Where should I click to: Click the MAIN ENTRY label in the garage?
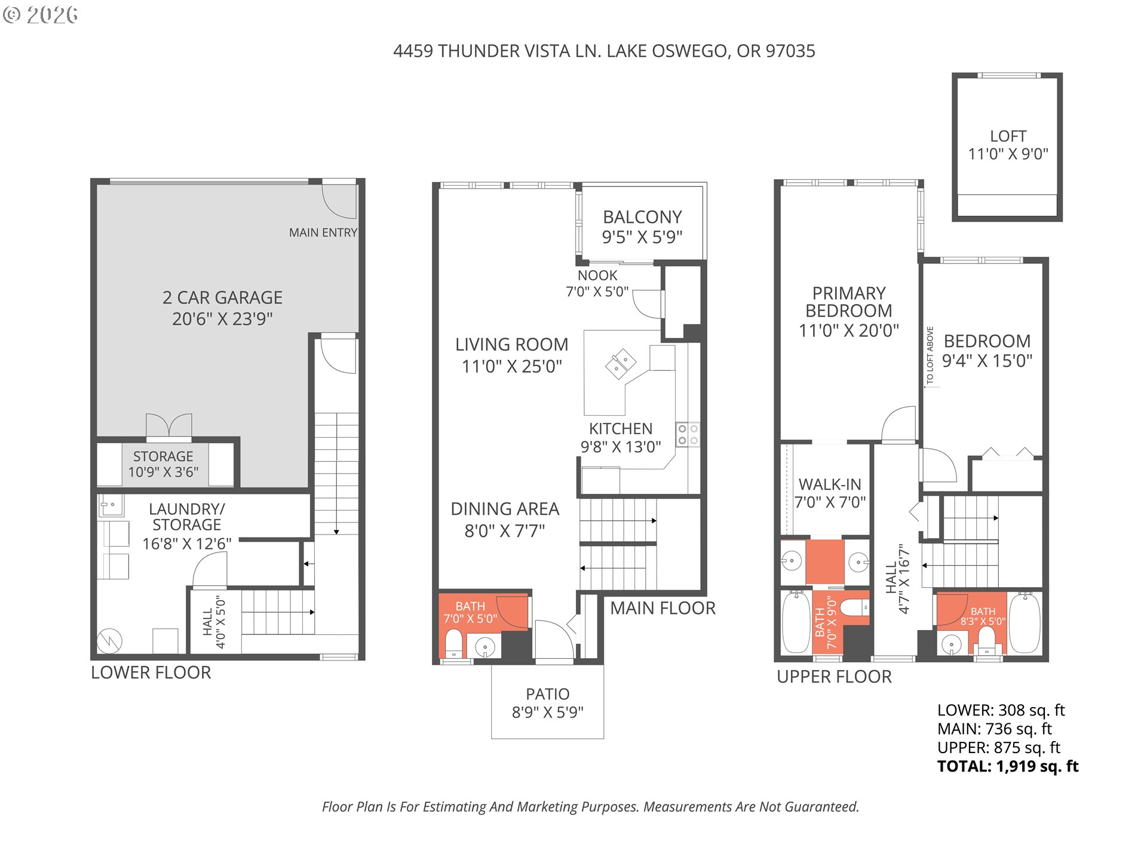[323, 232]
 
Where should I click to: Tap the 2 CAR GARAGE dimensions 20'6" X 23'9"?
[222, 319]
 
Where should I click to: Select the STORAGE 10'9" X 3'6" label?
[163, 464]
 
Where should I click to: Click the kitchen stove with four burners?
[688, 435]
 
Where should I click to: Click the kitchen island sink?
[621, 364]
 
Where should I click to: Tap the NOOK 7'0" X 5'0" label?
[597, 284]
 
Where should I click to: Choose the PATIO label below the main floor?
[547, 702]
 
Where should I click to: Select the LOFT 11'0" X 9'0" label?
[1008, 145]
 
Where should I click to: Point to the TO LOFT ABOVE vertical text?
[930, 355]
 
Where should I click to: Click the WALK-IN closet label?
[830, 493]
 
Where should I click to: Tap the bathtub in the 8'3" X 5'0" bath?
[1025, 623]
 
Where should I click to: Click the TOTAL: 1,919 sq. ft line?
[1007, 766]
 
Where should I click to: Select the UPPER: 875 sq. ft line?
[998, 748]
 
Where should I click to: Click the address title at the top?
[604, 51]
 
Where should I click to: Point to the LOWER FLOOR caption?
[151, 672]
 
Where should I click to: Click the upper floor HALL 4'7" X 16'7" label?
[897, 578]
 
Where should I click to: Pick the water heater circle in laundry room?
[109, 641]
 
